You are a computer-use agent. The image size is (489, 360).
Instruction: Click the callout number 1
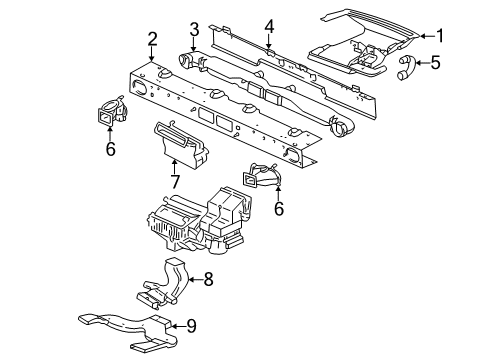(440, 36)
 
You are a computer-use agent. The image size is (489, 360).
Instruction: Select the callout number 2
(152, 39)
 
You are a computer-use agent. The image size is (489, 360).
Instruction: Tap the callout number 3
(194, 29)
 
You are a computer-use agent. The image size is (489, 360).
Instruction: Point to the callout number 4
(269, 26)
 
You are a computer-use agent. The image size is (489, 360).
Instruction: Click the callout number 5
(435, 62)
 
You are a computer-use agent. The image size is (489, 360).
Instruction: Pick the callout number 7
(175, 182)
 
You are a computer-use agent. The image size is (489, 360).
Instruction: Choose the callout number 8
(208, 279)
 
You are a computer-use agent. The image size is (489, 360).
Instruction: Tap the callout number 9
(191, 326)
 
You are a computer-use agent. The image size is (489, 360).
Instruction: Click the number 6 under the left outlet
(110, 148)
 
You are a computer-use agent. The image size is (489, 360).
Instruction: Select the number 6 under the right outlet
(279, 208)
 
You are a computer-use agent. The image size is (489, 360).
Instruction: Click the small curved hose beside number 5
(405, 68)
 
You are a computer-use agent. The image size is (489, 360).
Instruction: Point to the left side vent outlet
(111, 112)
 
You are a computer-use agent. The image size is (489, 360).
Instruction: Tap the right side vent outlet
(261, 175)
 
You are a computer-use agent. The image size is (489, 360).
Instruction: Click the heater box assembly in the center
(199, 222)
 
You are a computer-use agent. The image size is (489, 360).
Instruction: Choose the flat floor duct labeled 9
(128, 331)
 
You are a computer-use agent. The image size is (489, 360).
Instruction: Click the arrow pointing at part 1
(427, 36)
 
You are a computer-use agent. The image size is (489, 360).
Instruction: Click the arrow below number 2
(152, 54)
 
